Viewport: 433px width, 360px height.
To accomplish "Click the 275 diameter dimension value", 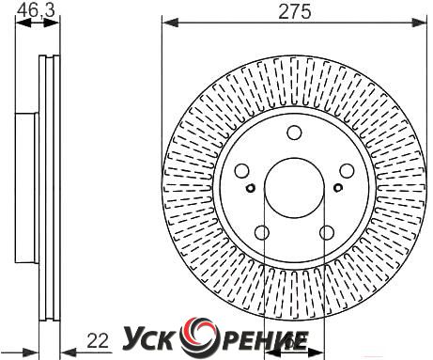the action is point(295,12).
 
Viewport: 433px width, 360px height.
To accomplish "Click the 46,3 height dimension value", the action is point(36,9).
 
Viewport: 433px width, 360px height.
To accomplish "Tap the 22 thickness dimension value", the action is point(98,340).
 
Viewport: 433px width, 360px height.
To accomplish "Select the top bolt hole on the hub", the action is point(294,133).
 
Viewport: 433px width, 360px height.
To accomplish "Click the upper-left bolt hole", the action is point(242,171).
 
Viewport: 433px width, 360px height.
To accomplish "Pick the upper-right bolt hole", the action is point(347,171).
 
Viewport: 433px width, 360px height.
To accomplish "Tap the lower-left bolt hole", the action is point(262,232).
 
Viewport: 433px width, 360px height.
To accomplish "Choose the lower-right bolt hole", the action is point(327,232).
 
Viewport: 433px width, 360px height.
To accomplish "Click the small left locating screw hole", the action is point(251,188).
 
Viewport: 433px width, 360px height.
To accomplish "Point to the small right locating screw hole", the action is point(338,188).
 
